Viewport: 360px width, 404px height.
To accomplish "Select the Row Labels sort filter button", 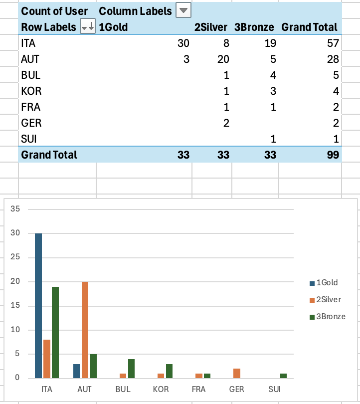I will coord(87,27).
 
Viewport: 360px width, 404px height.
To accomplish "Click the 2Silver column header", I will coord(211,27).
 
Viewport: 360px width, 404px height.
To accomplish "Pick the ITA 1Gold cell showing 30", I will coord(183,43).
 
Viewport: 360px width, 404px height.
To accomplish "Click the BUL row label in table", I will coord(30,75).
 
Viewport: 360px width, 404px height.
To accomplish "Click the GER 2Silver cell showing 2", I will coord(226,123).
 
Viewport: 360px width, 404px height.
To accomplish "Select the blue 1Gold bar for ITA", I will coord(38,305).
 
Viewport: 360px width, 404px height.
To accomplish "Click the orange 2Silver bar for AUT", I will coord(85,329).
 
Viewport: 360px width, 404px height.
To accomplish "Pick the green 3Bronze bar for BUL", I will coord(131,368).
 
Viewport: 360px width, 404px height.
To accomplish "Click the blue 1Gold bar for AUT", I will coord(76,371).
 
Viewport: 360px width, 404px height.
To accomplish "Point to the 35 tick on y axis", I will coord(15,209).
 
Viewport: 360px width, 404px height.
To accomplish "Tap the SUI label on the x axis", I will coord(274,389).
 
